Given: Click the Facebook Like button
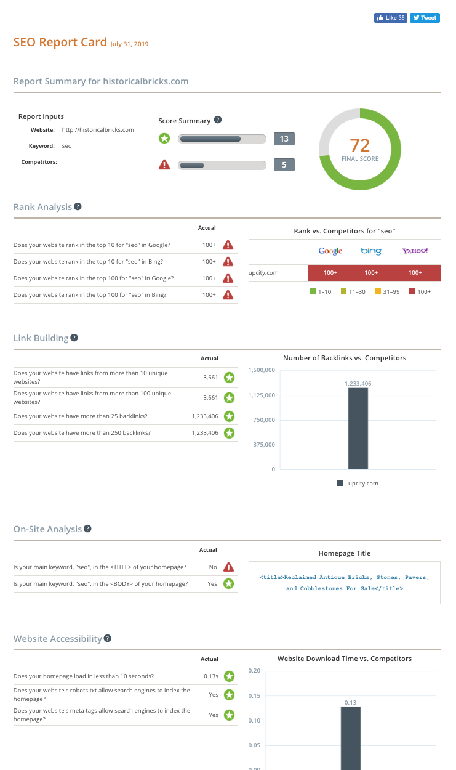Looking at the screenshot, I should click(x=390, y=18).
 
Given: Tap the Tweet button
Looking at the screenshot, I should click(x=425, y=18).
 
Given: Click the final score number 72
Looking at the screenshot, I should click(x=360, y=145).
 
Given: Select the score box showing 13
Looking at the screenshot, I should click(x=284, y=139).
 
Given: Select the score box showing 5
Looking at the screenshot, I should click(x=284, y=165).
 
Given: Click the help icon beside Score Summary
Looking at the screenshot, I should click(x=218, y=120).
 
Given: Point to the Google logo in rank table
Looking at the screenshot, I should click(x=330, y=251).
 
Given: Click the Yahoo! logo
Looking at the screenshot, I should click(x=415, y=251).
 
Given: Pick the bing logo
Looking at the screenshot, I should click(x=371, y=251).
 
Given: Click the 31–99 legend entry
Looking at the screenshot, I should click(x=387, y=291).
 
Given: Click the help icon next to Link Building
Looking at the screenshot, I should click(x=74, y=338).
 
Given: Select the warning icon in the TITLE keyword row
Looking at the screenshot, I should click(x=229, y=567).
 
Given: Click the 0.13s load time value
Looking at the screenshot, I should click(x=210, y=676).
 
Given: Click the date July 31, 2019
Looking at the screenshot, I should click(x=129, y=44).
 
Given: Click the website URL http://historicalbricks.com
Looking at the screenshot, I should click(x=98, y=130).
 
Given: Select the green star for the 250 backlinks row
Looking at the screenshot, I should click(x=229, y=433).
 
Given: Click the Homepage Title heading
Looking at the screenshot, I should click(x=344, y=553).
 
